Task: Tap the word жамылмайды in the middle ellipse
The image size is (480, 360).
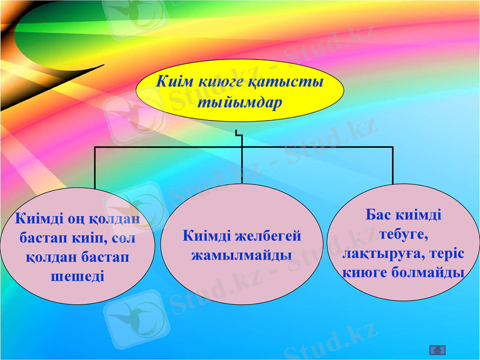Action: [241, 255]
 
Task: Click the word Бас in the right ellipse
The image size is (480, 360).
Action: [377, 214]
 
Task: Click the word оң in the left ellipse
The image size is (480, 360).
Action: [67, 219]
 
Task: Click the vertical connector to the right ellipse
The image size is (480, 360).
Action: [393, 165]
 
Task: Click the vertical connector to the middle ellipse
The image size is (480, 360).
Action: [242, 165]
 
